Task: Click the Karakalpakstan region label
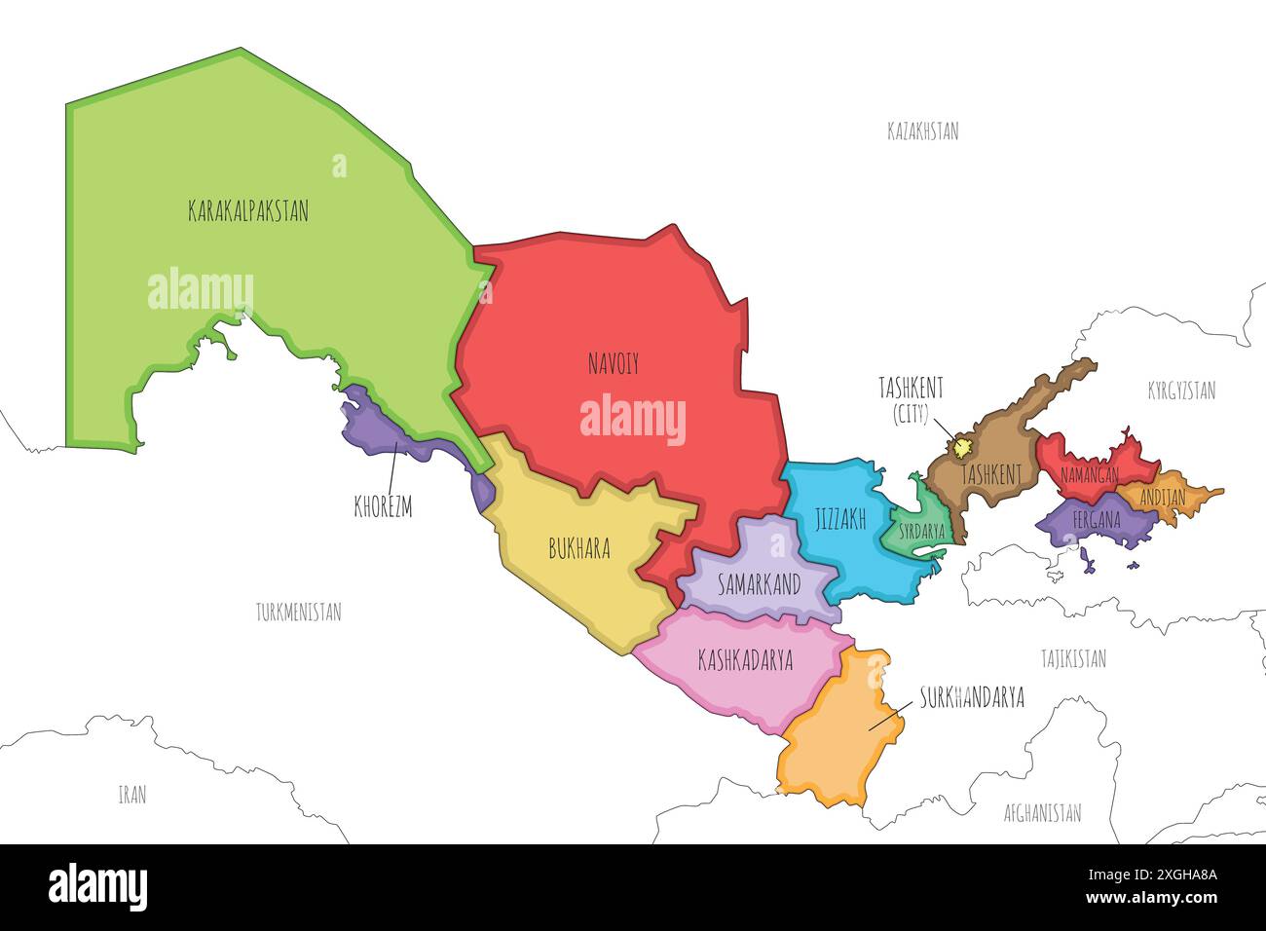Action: [247, 210]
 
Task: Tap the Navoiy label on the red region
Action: [614, 364]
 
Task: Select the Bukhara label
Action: [579, 549]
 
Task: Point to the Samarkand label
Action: [759, 584]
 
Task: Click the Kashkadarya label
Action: [745, 660]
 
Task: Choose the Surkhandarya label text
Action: [971, 698]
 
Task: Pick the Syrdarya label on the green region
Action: [921, 533]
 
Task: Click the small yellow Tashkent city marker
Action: [962, 448]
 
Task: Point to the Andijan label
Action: [1162, 498]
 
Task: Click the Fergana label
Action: [1097, 520]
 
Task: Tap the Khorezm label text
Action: [383, 507]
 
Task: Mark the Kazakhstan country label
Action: [922, 131]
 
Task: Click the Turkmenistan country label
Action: [298, 613]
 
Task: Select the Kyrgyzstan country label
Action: [1180, 391]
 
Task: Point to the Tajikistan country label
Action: [1072, 659]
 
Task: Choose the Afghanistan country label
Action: [1042, 813]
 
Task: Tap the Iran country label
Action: [131, 795]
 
